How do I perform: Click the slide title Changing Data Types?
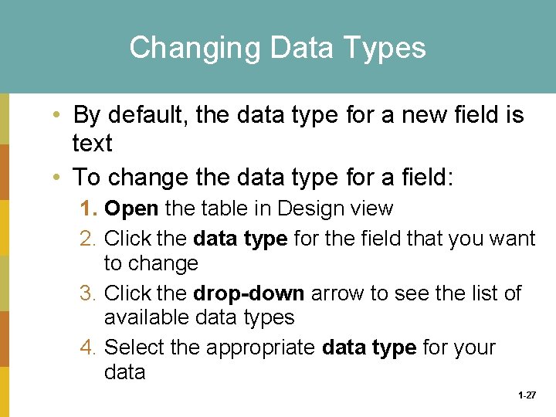[x=277, y=48]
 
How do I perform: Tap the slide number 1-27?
[x=527, y=395]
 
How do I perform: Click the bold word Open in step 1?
[x=131, y=208]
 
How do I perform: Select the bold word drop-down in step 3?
[x=239, y=293]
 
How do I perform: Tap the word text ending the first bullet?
[x=92, y=144]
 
